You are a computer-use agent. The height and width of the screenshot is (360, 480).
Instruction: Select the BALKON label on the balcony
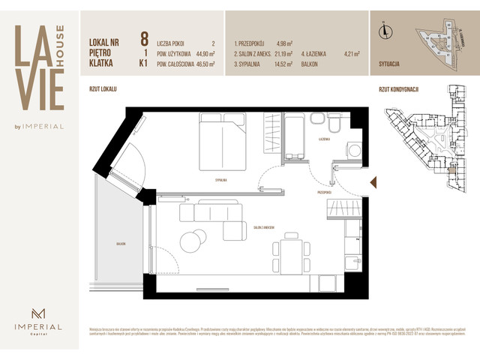(121, 244)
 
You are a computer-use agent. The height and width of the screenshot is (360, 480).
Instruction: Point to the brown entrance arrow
(372, 180)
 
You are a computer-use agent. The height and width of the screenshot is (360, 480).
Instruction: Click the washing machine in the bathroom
(354, 150)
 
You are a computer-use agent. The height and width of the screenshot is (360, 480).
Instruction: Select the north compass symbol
(385, 31)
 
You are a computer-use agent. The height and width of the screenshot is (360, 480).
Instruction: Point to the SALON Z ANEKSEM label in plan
(262, 227)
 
